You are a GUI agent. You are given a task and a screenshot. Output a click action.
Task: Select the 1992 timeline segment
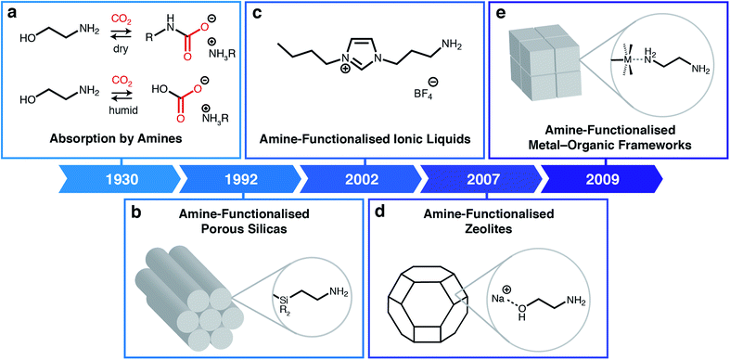[238, 176]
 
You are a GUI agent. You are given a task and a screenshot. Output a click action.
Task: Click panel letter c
[257, 11]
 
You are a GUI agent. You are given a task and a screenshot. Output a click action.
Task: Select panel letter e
[501, 11]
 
